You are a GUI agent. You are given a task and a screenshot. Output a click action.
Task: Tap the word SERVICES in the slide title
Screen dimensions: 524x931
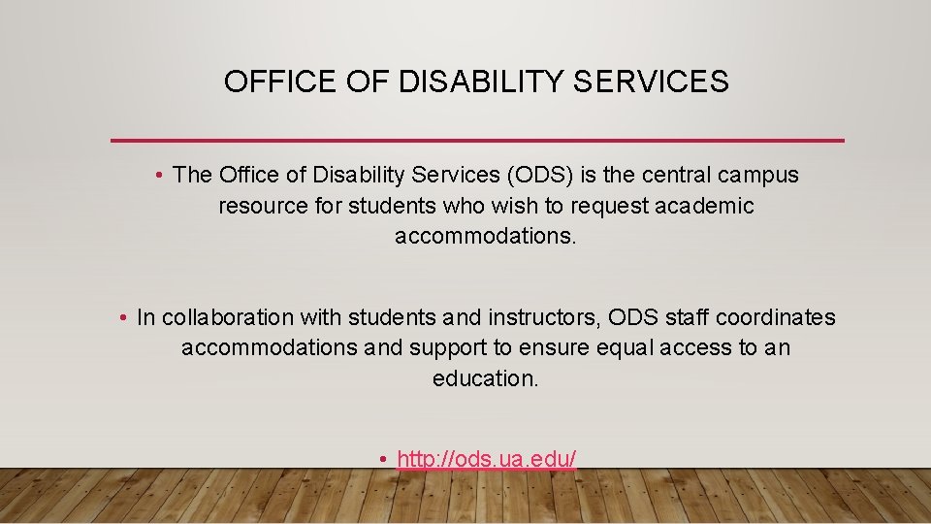click(x=650, y=82)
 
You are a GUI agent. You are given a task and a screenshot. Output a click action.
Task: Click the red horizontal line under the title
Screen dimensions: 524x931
click(x=477, y=141)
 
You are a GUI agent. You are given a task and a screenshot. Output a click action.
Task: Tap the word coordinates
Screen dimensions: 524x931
click(x=781, y=317)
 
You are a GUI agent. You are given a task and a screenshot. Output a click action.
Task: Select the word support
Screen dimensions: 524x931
click(x=445, y=348)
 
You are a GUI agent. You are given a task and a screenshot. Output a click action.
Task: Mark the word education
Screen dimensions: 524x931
click(x=485, y=378)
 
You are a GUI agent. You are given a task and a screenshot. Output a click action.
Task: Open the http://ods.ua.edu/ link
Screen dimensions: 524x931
click(x=487, y=458)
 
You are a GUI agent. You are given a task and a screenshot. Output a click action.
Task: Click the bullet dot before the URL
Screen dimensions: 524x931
click(x=384, y=459)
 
